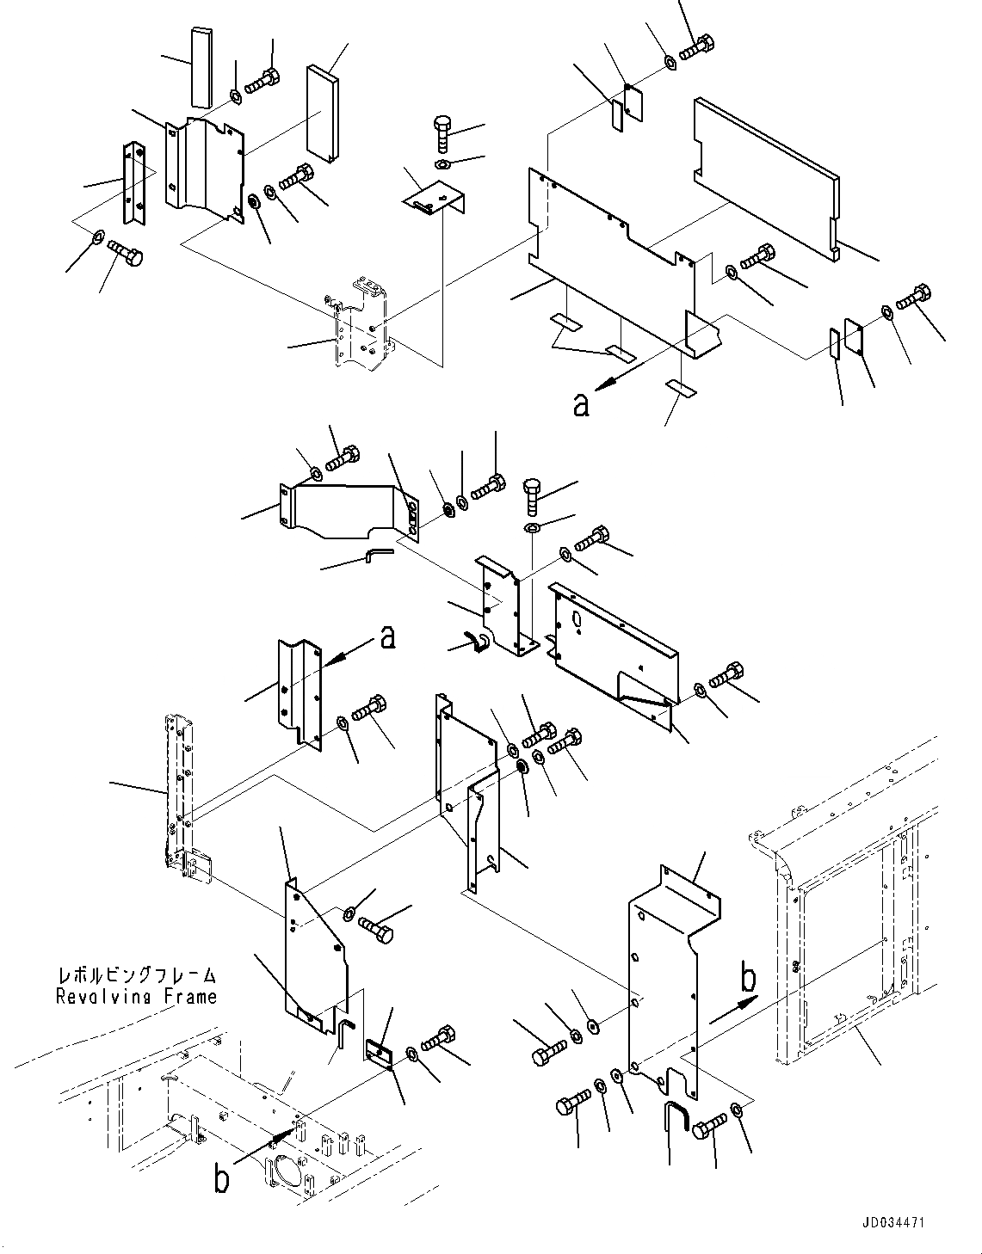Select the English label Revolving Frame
click(x=136, y=997)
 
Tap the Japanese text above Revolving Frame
click(x=136, y=976)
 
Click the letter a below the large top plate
click(x=582, y=404)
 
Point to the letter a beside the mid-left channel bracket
click(x=388, y=637)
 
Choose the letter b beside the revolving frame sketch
click(x=222, y=1180)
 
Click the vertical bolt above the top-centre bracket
click(x=439, y=132)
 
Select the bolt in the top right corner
click(x=698, y=46)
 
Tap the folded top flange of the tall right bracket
click(x=687, y=894)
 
